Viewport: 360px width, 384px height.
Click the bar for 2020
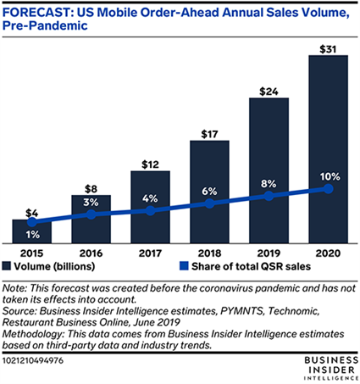click(328, 149)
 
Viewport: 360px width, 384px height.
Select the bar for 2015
click(32, 231)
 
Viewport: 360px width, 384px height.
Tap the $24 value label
click(269, 92)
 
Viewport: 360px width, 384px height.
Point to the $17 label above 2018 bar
click(209, 134)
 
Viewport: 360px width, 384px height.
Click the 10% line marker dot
click(328, 188)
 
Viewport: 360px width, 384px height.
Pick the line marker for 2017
click(150, 210)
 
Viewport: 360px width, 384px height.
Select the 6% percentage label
click(209, 192)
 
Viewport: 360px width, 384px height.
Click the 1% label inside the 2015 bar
click(33, 235)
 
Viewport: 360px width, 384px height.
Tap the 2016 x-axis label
click(91, 253)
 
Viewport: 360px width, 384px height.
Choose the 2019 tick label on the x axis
click(269, 253)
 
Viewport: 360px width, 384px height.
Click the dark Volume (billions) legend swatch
click(6, 266)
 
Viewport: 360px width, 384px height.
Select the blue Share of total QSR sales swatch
click(184, 266)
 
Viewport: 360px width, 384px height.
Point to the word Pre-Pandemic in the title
click(45, 25)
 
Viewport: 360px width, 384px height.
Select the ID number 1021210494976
click(33, 361)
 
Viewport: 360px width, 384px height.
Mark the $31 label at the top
click(328, 49)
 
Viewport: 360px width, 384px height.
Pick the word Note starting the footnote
click(14, 288)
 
